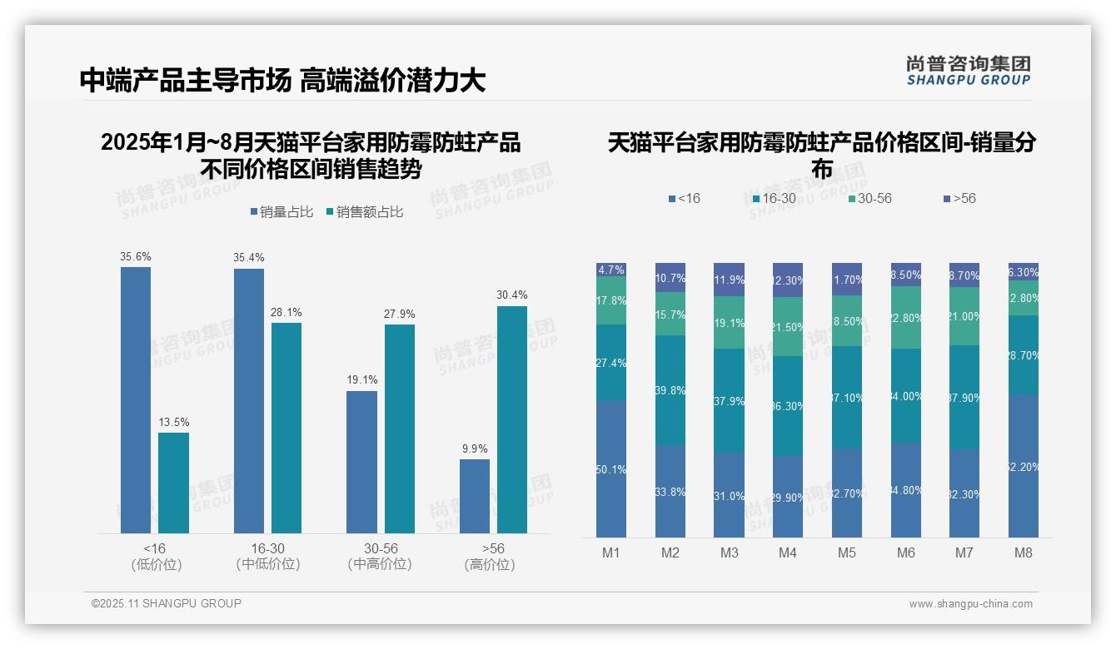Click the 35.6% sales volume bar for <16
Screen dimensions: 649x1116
[136, 399]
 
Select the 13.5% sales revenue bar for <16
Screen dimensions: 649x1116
[173, 483]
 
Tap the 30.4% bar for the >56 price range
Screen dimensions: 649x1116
[512, 419]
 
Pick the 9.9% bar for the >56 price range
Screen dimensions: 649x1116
[475, 496]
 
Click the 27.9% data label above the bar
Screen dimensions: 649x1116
[400, 314]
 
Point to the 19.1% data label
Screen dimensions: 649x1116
[362, 380]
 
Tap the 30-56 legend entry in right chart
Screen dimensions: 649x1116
[869, 199]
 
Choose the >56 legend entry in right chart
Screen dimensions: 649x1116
[959, 199]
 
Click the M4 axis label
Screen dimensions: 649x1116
[788, 553]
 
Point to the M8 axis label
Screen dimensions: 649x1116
[1024, 553]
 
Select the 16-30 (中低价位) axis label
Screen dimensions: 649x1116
[267, 557]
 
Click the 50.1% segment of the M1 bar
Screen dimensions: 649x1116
[611, 469]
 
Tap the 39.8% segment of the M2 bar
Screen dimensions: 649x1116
[670, 390]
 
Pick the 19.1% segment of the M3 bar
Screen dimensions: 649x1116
[730, 323]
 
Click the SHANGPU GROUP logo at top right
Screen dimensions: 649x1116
[968, 71]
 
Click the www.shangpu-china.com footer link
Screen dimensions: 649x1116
[970, 604]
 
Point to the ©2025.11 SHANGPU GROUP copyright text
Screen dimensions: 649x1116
[167, 603]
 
